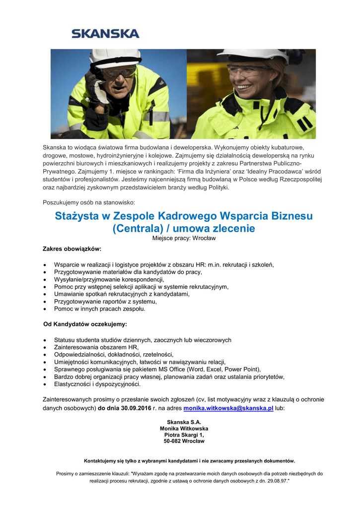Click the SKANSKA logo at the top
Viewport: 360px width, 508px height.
[105, 34]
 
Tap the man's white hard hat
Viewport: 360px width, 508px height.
[114, 58]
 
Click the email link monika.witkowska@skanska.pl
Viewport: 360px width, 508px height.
[228, 408]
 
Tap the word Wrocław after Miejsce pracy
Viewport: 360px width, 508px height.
[205, 239]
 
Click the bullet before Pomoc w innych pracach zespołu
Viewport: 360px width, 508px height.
[46, 309]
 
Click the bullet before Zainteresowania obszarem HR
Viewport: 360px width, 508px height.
[46, 348]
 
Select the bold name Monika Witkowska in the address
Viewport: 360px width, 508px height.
[184, 428]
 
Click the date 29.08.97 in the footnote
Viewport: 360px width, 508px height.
[277, 481]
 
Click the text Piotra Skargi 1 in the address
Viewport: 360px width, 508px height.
[184, 435]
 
